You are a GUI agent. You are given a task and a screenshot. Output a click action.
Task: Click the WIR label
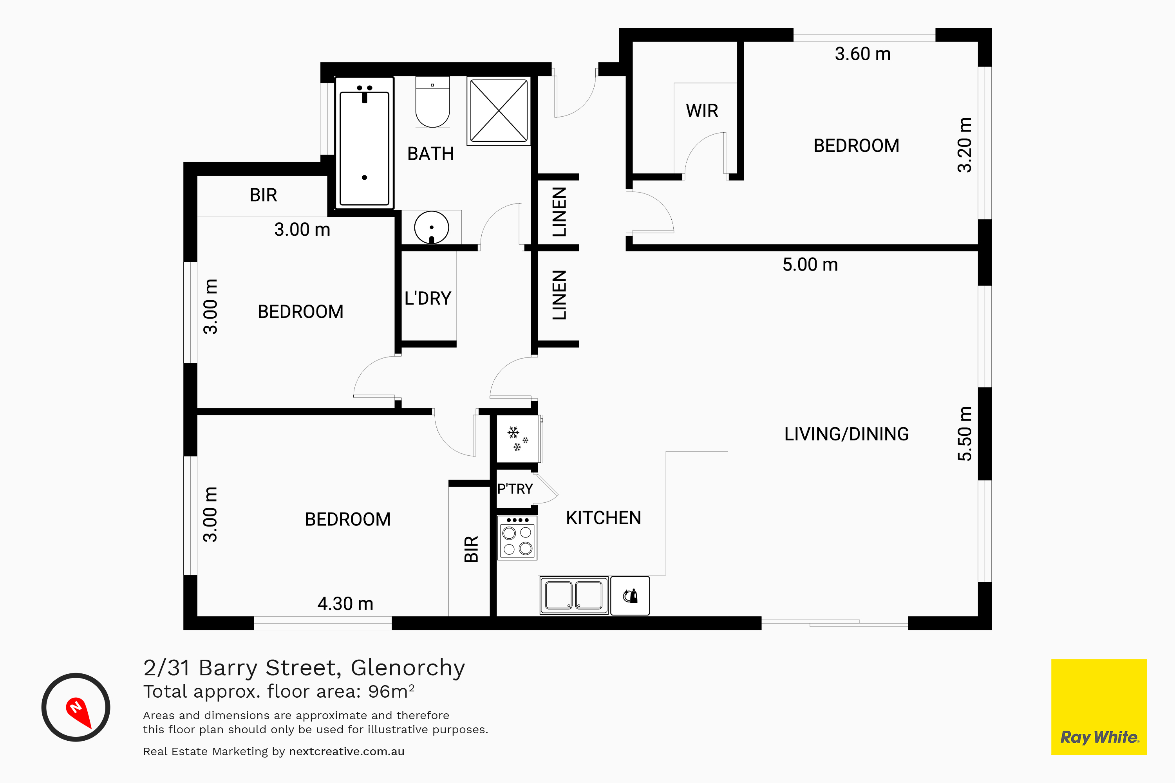[702, 110]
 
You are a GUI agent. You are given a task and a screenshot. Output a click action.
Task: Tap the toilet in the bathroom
[433, 102]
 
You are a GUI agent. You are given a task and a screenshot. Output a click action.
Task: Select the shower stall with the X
[499, 110]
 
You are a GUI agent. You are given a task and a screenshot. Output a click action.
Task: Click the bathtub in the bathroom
[364, 143]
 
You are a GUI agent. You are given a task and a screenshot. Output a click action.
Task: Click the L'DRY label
[428, 299]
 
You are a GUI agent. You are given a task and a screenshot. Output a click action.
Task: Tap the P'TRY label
[515, 489]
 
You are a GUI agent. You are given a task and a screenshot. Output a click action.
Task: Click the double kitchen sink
[574, 595]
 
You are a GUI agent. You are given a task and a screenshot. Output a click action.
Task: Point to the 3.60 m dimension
[863, 54]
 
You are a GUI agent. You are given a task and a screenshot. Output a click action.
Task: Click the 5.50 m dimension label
[965, 433]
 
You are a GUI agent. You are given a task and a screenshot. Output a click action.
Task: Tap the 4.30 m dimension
[345, 604]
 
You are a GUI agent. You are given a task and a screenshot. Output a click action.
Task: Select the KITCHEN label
[604, 518]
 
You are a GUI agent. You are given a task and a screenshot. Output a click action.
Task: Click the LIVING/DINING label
[846, 434]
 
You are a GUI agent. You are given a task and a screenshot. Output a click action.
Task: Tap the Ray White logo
[1099, 707]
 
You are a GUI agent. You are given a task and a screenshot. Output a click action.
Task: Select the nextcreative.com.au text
[347, 752]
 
